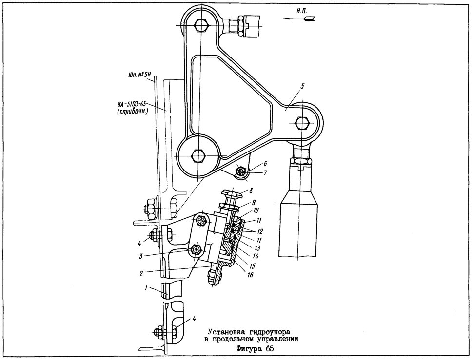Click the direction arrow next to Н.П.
(299, 19)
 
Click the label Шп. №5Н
(137, 74)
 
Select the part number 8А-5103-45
(132, 104)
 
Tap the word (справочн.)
(132, 113)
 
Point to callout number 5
(302, 86)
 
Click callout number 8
(251, 190)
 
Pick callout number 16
(251, 275)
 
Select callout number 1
(146, 288)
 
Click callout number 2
(141, 273)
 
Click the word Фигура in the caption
(250, 349)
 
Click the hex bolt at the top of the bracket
(200, 25)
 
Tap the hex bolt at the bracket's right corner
(302, 123)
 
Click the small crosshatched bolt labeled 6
(241, 171)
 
